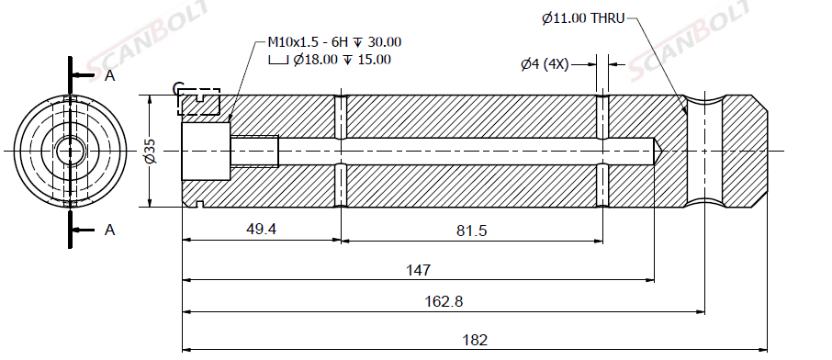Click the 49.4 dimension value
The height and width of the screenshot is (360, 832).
[262, 229]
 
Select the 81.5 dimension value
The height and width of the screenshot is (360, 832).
[472, 231]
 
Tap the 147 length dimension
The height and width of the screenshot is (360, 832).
[418, 270]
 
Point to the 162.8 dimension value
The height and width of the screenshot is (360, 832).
[444, 301]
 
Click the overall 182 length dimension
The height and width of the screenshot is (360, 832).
[475, 340]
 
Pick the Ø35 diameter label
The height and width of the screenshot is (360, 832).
[151, 151]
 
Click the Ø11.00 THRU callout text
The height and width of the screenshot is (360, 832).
[583, 18]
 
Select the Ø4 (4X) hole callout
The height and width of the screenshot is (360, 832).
[545, 65]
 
